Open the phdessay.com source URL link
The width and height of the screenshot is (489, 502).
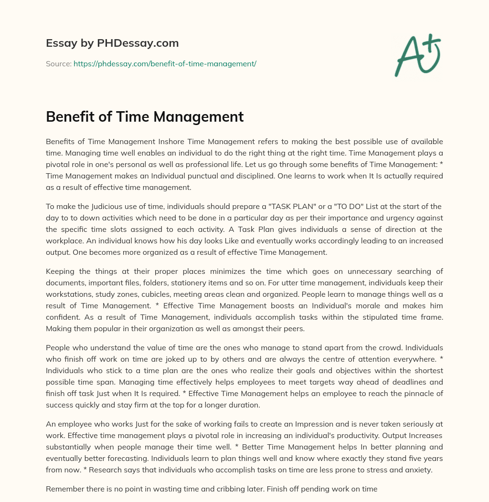coord(165,63)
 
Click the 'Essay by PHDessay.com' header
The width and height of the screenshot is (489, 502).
coord(112,43)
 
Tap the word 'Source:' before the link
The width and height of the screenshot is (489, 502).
coord(59,63)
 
